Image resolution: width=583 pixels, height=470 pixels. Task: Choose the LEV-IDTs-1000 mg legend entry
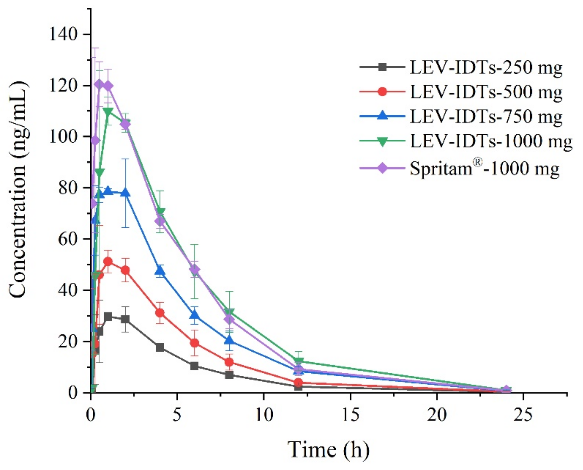tap(491, 141)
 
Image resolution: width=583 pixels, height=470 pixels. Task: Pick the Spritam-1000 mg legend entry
tap(484, 169)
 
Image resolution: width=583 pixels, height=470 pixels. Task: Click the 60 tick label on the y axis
tap(68, 239)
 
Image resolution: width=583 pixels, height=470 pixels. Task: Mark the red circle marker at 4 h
tap(160, 313)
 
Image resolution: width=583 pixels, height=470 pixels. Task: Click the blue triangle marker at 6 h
tap(194, 315)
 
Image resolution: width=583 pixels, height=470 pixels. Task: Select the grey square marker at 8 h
tap(229, 375)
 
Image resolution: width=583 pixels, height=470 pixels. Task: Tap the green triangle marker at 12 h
tap(298, 362)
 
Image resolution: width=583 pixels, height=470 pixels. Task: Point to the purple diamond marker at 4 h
tap(160, 221)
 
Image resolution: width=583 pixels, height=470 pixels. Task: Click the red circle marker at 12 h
tap(298, 383)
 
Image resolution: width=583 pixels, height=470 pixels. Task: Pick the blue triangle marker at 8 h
tap(229, 340)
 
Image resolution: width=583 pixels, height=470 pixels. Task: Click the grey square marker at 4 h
tap(160, 347)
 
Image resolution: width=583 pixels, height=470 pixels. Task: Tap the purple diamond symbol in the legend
tap(382, 169)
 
